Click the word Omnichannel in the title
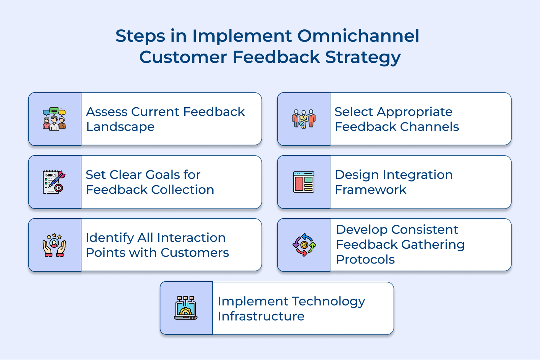pos(358,36)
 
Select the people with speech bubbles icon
pos(54,119)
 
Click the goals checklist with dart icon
pos(54,182)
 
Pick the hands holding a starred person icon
pos(54,245)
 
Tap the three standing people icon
pos(303,119)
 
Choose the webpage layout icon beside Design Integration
pos(303,182)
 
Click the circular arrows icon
pos(304,245)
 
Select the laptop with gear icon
pos(186,308)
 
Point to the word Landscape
pos(120,127)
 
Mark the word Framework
pos(371,190)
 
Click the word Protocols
pos(365,260)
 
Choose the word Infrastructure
pos(261,316)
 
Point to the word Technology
pos(328,301)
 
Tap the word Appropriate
pos(415,112)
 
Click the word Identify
pos(109,238)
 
